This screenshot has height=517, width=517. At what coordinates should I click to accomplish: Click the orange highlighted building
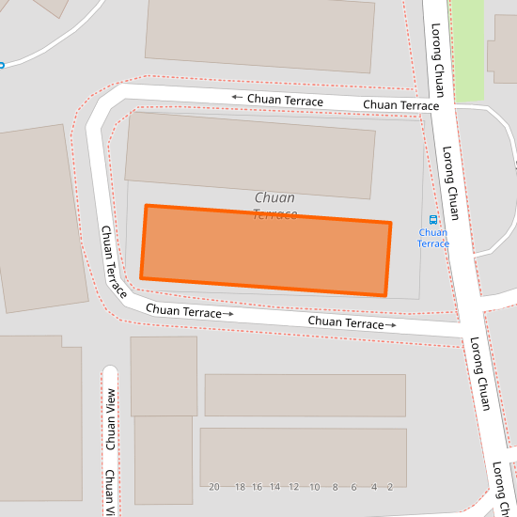click(265, 250)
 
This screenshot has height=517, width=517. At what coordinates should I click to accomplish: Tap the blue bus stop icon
click(433, 219)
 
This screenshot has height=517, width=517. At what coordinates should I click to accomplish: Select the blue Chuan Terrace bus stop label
click(433, 238)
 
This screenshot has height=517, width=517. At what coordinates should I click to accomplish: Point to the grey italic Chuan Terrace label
click(274, 206)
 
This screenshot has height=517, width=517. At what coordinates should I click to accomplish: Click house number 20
click(214, 487)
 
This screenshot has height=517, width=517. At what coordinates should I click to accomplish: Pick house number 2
click(389, 487)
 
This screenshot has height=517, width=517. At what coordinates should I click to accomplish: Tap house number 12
click(293, 487)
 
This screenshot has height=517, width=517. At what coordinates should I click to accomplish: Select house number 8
click(335, 487)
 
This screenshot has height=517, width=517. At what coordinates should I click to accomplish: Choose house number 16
click(256, 487)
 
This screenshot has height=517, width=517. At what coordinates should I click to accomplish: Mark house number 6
click(353, 487)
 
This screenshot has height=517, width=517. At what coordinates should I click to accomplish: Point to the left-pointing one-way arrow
click(237, 98)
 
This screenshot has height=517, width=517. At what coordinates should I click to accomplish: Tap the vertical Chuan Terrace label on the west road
click(114, 262)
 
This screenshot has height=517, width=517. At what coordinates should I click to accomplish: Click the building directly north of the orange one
click(250, 155)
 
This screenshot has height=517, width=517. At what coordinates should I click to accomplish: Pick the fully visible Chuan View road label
click(110, 418)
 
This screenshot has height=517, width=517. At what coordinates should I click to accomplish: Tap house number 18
click(240, 487)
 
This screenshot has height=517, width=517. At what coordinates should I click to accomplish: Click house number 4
click(373, 487)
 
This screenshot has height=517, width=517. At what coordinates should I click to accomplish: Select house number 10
click(314, 487)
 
